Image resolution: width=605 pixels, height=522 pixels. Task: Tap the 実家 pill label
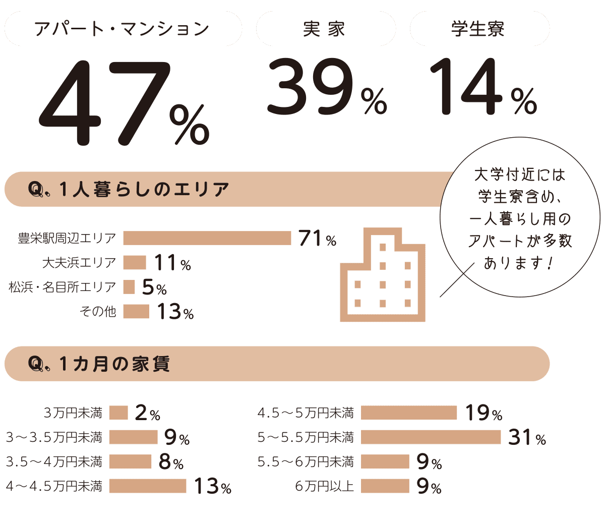325,29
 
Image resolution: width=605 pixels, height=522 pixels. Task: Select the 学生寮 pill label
478,29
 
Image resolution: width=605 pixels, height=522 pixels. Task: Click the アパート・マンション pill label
122,29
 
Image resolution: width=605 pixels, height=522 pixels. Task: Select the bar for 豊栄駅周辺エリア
207,238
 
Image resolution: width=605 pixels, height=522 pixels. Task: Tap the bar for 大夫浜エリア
134,262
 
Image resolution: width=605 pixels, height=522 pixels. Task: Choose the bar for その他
136,312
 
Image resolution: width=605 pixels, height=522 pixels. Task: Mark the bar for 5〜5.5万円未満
431,437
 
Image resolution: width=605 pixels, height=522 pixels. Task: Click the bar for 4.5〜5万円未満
409,413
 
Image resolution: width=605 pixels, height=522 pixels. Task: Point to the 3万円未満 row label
73,414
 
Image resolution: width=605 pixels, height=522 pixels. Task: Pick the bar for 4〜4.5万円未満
147,486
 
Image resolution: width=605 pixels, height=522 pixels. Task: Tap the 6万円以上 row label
325,486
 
